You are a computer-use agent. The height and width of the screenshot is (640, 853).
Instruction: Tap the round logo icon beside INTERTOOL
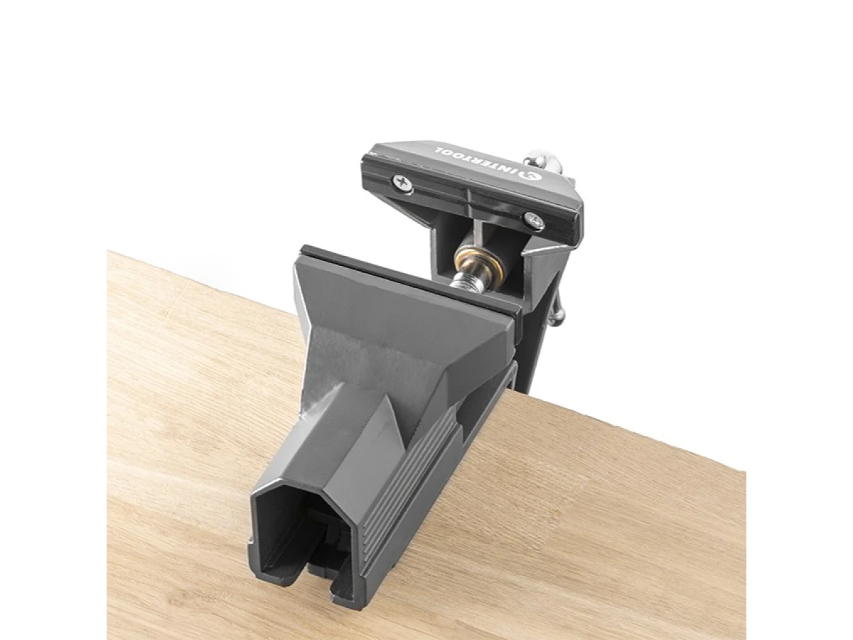[529, 173]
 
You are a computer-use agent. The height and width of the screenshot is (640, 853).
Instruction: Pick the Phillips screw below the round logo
[535, 221]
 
